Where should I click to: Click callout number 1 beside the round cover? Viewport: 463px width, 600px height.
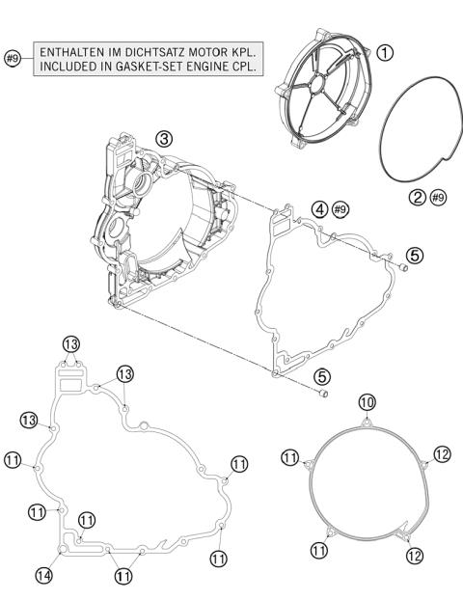click(385, 54)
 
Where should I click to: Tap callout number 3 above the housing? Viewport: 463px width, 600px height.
click(165, 139)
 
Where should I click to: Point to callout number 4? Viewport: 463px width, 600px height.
click(318, 208)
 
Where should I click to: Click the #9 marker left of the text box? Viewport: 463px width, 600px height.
click(14, 58)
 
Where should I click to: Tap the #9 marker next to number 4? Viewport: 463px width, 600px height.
click(340, 208)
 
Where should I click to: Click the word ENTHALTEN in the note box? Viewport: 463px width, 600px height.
click(71, 50)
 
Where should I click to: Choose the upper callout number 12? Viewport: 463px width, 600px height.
click(442, 454)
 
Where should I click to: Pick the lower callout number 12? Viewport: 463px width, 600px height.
click(416, 554)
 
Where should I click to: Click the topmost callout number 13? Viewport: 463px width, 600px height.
click(70, 343)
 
